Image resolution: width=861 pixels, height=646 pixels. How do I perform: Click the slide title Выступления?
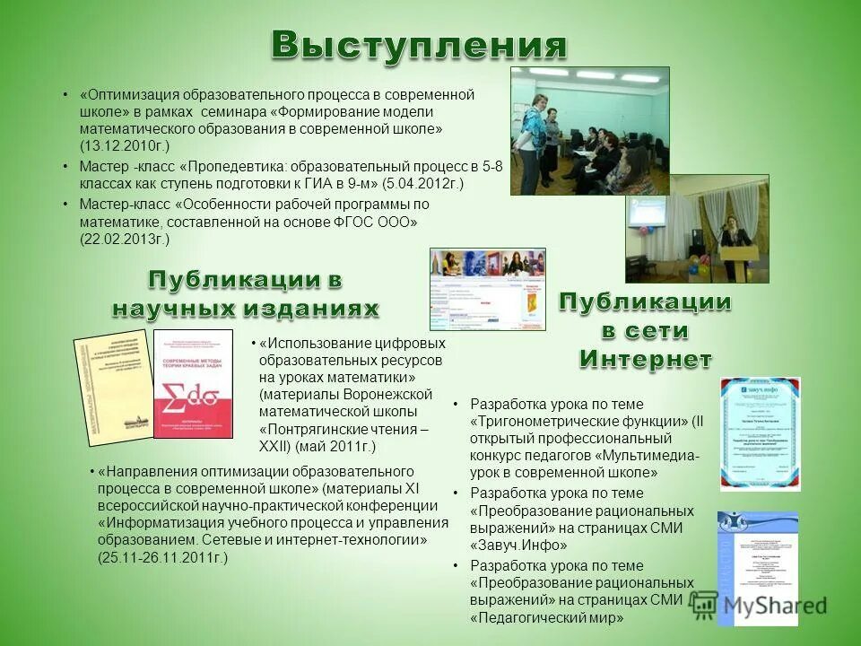click(420, 45)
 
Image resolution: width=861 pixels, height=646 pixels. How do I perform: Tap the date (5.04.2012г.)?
click(422, 183)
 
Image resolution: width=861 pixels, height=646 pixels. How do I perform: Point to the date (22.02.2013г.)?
click(124, 239)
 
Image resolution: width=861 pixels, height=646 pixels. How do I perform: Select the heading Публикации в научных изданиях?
click(245, 294)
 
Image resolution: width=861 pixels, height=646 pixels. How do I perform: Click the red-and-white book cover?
click(193, 383)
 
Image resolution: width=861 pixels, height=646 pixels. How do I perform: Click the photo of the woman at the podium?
click(697, 228)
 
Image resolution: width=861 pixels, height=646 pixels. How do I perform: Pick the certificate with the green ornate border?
click(760, 432)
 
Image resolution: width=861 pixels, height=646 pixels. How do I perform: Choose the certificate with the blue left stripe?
click(757, 568)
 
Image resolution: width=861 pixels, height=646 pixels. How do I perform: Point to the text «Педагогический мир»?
click(546, 617)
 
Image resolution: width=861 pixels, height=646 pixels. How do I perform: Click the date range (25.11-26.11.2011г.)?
click(162, 557)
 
